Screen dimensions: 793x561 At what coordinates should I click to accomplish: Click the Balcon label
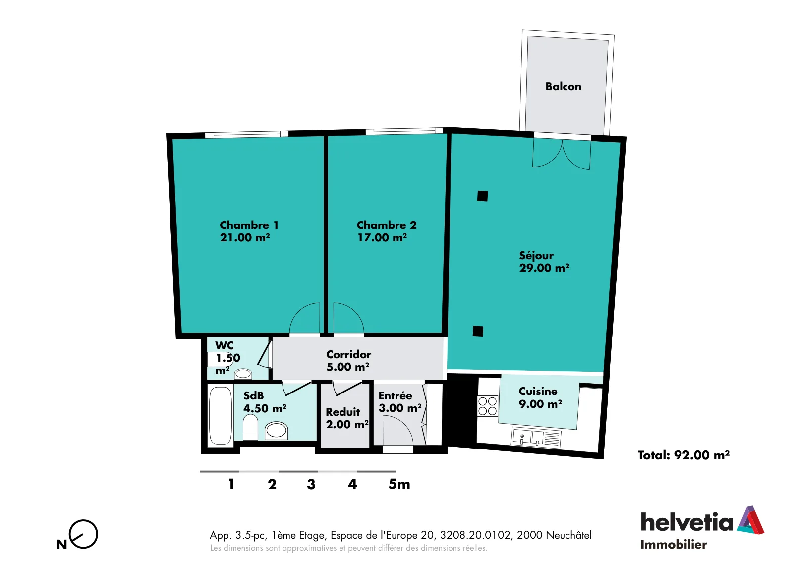pos(563,87)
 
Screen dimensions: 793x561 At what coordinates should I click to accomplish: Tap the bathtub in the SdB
pos(220,415)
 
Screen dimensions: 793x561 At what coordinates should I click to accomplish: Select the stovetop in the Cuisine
pos(488,406)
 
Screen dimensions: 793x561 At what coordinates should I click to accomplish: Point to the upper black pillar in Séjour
pos(483,196)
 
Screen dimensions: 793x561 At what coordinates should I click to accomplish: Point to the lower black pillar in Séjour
pos(478,331)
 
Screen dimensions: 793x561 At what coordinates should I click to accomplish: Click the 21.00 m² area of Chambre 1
pos(245,237)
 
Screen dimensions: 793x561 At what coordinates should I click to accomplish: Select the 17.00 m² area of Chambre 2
pos(382,237)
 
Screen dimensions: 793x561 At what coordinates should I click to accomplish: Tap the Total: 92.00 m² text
pos(683,455)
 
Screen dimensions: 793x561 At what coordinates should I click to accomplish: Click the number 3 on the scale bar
pos(311,484)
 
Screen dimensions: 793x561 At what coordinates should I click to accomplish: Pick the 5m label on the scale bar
pos(399,484)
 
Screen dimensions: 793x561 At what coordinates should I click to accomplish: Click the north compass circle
pos(84,534)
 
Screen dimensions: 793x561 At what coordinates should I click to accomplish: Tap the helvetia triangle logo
pos(751,520)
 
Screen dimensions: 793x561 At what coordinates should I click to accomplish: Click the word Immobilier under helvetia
pos(674,544)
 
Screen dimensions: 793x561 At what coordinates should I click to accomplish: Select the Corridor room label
pos(349,354)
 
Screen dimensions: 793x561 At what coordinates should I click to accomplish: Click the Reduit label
pos(342,412)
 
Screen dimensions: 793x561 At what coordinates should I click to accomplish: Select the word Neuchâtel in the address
pos(568,535)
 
